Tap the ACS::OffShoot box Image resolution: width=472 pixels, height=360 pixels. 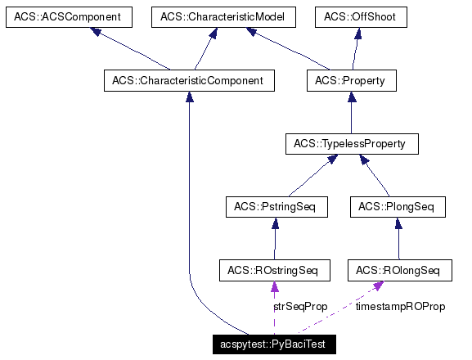pos(361,17)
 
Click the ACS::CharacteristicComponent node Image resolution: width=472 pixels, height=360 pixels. pos(189,81)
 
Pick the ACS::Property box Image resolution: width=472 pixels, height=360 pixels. pos(350,81)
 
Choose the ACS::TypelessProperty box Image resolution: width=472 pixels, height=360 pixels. pos(351,145)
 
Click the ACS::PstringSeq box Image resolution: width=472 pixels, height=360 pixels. pos(276,207)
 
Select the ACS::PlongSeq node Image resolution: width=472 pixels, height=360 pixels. pos(398,207)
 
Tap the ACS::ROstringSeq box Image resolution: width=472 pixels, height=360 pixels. pos(274,270)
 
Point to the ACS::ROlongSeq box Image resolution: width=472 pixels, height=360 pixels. pos(398,270)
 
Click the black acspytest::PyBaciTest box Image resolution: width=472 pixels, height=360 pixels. pos(274,344)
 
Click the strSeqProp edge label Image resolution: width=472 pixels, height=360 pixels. pos(300,307)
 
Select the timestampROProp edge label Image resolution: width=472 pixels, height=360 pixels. pos(400,307)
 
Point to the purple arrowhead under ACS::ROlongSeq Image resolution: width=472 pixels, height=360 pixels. pos(379,286)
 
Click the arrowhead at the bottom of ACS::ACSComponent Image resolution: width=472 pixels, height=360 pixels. pos(97,33)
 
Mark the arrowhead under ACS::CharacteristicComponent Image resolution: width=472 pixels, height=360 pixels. pos(189,97)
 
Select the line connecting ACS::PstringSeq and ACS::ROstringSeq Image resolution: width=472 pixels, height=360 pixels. pos(274,241)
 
